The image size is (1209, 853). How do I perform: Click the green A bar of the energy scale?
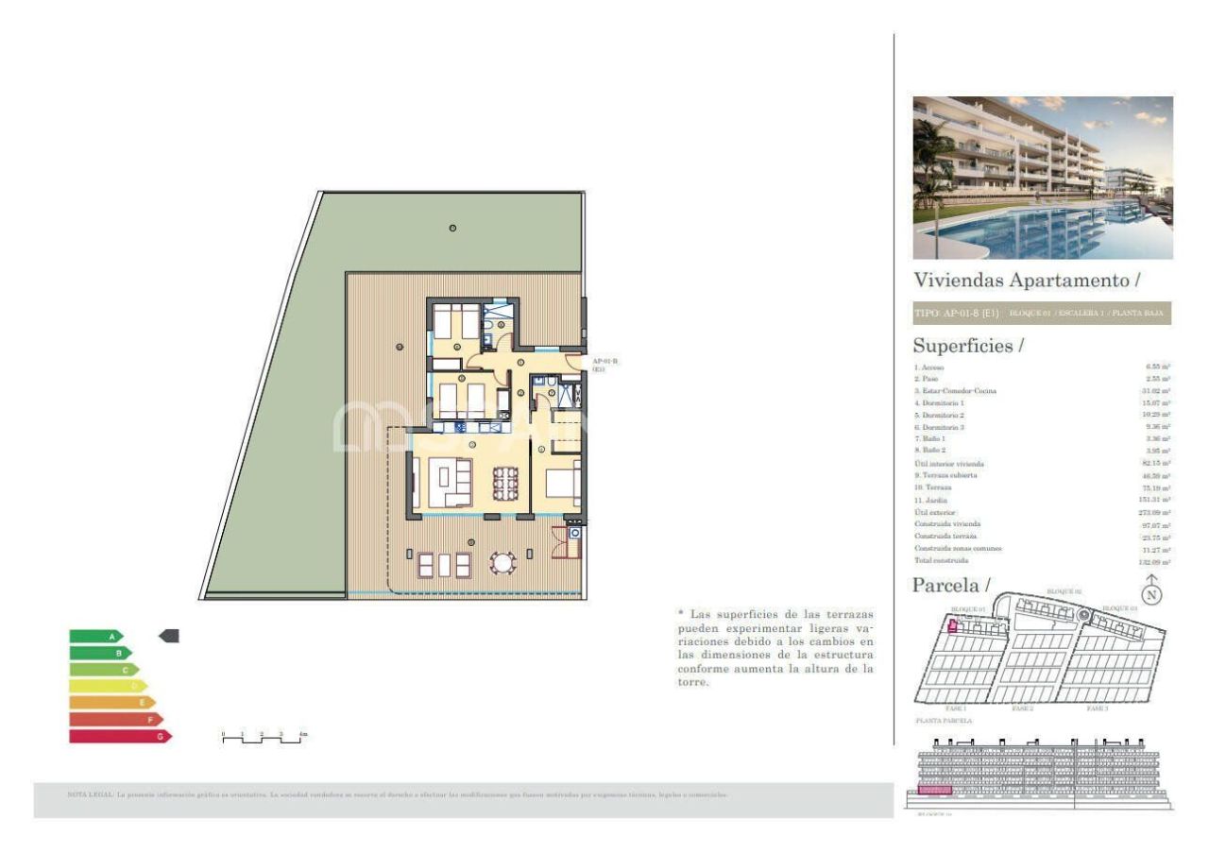point(95,637)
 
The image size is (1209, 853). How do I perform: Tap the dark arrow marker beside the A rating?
point(169,637)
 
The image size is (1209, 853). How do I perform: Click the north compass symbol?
point(1151,594)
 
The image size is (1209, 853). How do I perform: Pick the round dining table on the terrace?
point(502,564)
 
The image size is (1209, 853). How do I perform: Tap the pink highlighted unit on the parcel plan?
point(952,624)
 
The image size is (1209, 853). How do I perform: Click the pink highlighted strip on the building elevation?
point(933,791)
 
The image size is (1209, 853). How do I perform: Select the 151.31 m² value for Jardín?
point(1155,500)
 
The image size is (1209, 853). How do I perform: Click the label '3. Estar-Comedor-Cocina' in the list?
point(955,391)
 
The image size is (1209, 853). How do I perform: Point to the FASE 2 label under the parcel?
point(1022,708)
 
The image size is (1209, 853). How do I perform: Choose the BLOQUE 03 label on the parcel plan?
point(1120,608)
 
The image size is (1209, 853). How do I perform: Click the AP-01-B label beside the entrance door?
point(605,364)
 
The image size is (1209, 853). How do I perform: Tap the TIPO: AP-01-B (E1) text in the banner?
point(956,313)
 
